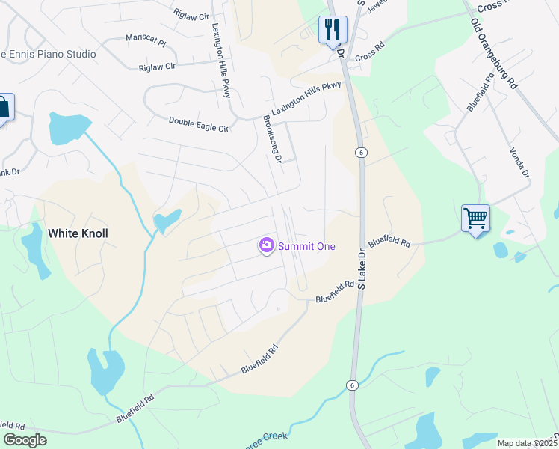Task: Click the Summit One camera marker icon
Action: pos(266,245)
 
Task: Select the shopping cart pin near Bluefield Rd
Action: pos(475,219)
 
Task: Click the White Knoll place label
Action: pos(78,233)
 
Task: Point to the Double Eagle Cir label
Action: pos(198,124)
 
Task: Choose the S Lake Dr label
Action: pos(362,269)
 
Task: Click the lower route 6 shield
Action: pos(351,385)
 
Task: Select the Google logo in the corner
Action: pos(25,440)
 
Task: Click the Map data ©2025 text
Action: pos(527,443)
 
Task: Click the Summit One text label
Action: pos(306,246)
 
